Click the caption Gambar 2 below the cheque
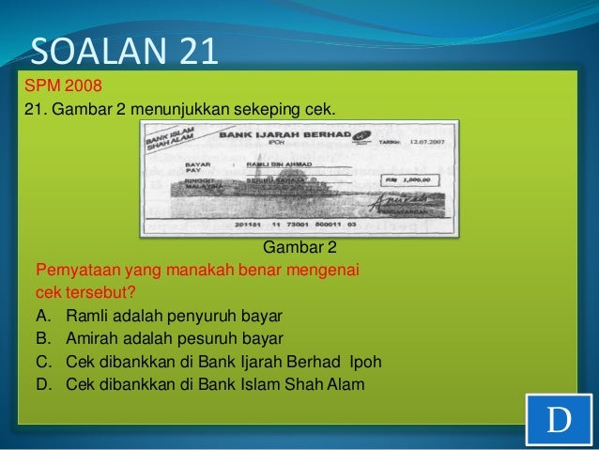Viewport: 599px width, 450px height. pyautogui.click(x=299, y=248)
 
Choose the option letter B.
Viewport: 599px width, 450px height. pyautogui.click(x=41, y=338)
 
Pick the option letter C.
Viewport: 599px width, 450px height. pyautogui.click(x=41, y=362)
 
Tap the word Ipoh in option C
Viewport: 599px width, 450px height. pyautogui.click(x=365, y=362)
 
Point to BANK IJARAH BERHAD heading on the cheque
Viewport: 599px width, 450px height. pyautogui.click(x=276, y=136)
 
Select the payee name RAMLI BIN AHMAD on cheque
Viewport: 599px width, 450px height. pyautogui.click(x=273, y=163)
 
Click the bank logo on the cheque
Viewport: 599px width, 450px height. pyautogui.click(x=360, y=138)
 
